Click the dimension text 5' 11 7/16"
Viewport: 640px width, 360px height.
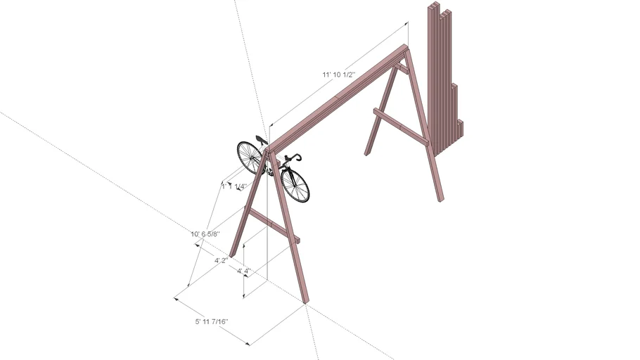click(212, 322)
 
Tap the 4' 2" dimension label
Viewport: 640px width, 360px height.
click(221, 260)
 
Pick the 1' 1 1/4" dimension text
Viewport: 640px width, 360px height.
click(233, 186)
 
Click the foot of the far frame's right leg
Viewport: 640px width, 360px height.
click(440, 200)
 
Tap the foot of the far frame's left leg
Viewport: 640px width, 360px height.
click(366, 153)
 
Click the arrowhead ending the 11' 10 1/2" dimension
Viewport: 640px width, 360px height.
click(407, 24)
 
